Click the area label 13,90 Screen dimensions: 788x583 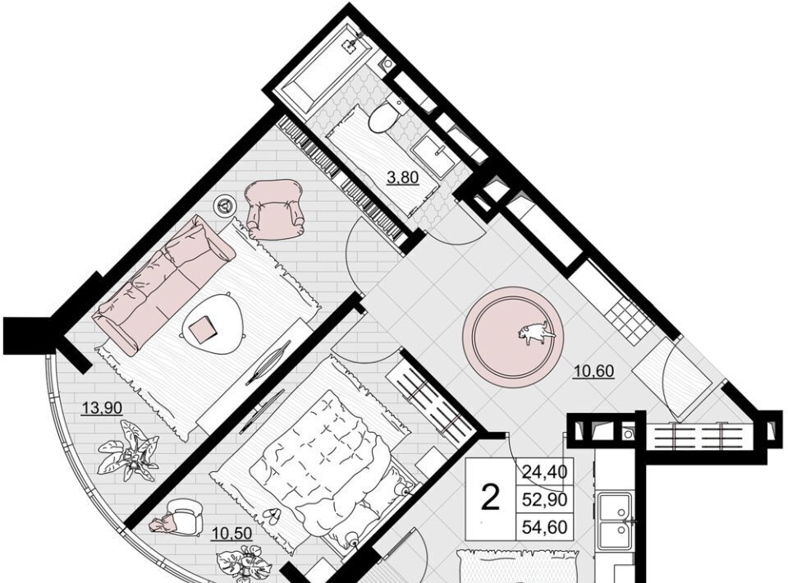102,407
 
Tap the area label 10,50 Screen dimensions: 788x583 231,533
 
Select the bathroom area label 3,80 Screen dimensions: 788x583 402,177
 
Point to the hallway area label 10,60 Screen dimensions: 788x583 594,371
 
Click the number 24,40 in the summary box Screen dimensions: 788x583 545,471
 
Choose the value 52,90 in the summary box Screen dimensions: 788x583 545,499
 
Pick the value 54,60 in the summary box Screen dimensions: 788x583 545,526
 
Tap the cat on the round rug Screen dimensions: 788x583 537,333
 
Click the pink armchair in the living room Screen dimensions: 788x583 274,209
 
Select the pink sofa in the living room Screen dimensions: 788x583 164,285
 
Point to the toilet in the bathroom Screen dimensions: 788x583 387,114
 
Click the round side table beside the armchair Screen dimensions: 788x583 223,205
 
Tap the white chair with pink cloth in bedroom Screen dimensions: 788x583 180,515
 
